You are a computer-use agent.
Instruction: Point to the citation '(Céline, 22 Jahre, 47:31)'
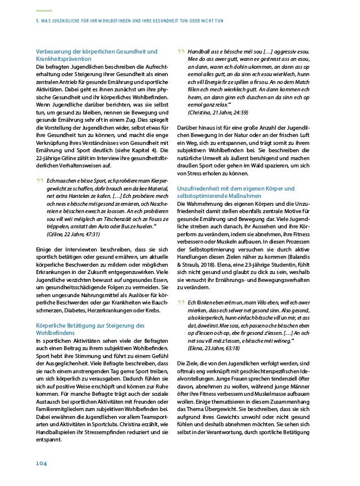[66, 233]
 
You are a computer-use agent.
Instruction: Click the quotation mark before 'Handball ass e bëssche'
[181, 53]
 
